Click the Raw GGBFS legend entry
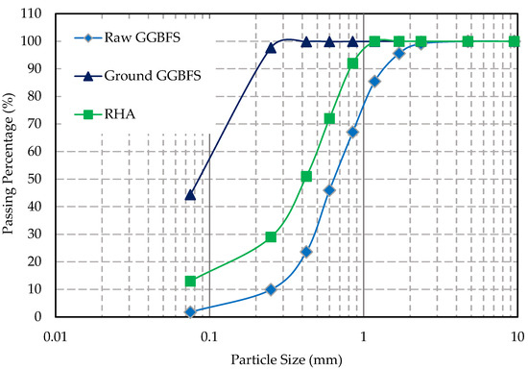click(x=128, y=37)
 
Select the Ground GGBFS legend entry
click(x=137, y=76)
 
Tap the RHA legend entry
click(x=105, y=114)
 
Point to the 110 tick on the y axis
click(x=31, y=13)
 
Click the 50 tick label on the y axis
click(x=35, y=179)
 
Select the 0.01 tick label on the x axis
click(x=56, y=336)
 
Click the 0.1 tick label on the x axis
click(x=209, y=336)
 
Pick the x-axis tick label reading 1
click(x=363, y=336)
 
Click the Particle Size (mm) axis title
click(x=287, y=359)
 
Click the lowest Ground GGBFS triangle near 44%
click(x=190, y=195)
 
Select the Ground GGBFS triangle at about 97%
click(x=271, y=48)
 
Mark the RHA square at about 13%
click(x=190, y=281)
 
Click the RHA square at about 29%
click(x=271, y=236)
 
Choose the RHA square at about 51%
click(x=306, y=177)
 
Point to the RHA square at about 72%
click(x=329, y=118)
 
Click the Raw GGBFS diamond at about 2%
click(x=190, y=312)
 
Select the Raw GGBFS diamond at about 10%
click(x=271, y=289)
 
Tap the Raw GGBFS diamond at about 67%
click(x=352, y=132)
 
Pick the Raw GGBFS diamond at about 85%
click(x=374, y=82)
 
